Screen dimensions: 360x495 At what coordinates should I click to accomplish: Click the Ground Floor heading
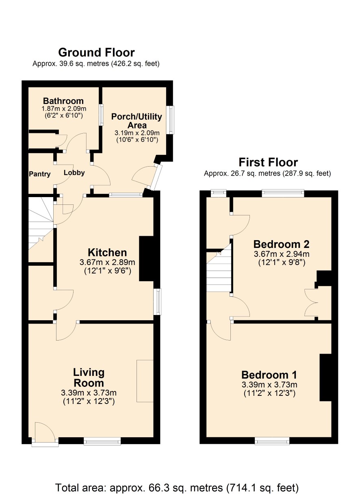click(x=96, y=52)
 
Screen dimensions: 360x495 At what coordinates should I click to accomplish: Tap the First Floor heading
click(x=268, y=163)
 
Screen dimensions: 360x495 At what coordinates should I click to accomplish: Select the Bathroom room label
click(x=63, y=101)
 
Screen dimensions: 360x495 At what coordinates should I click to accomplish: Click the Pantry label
click(x=40, y=174)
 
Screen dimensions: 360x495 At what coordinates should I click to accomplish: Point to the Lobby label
click(x=74, y=173)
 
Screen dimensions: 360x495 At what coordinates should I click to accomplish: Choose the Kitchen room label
click(x=107, y=253)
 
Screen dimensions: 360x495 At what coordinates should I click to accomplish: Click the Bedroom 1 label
click(x=269, y=375)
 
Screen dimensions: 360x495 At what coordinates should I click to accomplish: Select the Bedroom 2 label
click(x=281, y=244)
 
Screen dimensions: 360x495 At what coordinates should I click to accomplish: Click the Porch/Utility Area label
click(x=137, y=121)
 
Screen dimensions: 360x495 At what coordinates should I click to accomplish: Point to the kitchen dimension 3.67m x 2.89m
click(x=107, y=262)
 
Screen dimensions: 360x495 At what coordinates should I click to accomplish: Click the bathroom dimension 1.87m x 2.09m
click(x=64, y=109)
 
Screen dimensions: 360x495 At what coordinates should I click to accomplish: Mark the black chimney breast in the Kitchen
click(x=146, y=259)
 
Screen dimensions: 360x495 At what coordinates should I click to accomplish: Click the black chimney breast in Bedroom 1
click(x=325, y=378)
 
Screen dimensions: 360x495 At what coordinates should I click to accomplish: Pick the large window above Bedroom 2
click(x=283, y=193)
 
